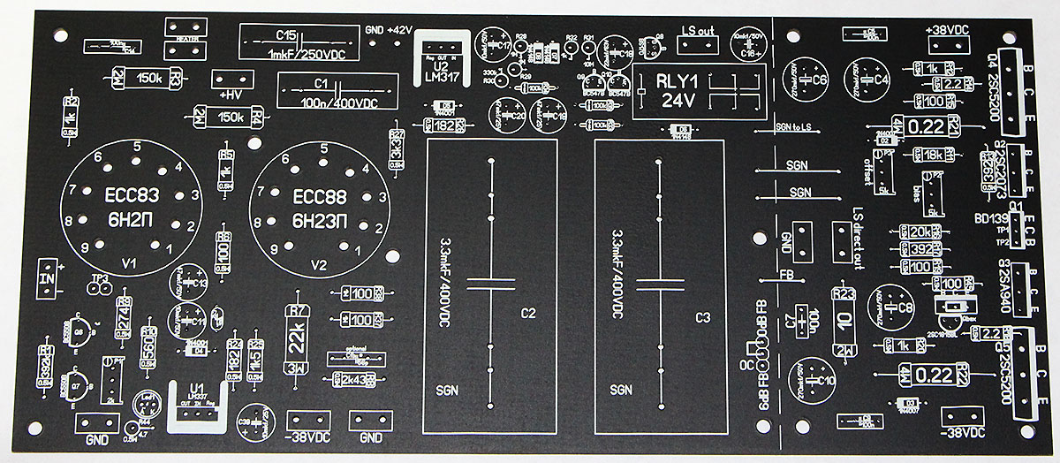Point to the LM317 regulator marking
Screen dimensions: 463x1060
click(x=442, y=74)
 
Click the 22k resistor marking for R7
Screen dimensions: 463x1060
click(x=297, y=335)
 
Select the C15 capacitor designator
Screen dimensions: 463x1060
click(x=285, y=34)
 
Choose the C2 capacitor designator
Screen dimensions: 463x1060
click(x=528, y=314)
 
